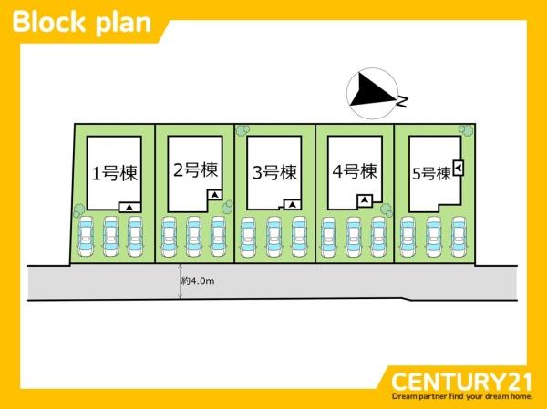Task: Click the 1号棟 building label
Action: [115, 173]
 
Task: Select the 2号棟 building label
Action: [195, 169]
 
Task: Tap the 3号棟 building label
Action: [274, 172]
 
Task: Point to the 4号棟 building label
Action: [355, 171]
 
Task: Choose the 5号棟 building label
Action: [431, 173]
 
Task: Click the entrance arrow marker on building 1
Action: [129, 208]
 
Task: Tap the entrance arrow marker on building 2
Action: [215, 195]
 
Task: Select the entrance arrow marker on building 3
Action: [293, 205]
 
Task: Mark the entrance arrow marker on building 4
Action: [365, 200]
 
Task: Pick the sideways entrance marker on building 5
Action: [459, 168]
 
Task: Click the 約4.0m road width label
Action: [198, 281]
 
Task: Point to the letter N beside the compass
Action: [402, 101]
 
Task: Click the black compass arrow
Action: [370, 89]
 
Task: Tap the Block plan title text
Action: [82, 22]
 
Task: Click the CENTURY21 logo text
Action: [461, 382]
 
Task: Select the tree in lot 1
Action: [78, 210]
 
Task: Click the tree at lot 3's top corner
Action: [243, 130]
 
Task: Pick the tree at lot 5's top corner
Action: [466, 130]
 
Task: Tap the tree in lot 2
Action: [227, 207]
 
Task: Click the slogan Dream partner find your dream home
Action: [462, 397]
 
